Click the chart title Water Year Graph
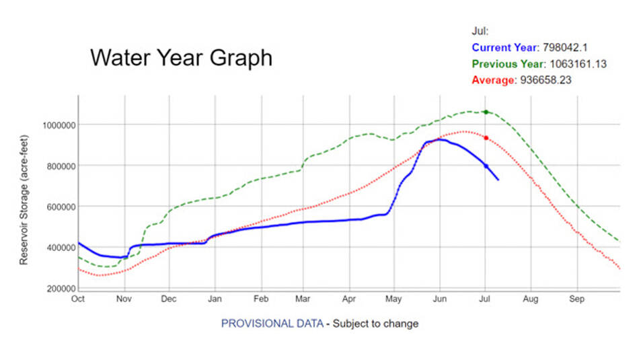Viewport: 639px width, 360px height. point(181,58)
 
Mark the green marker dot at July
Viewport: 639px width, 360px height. point(486,112)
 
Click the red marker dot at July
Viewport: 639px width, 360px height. point(486,138)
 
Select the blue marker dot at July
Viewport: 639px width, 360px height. point(486,166)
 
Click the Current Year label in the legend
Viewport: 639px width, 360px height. point(504,48)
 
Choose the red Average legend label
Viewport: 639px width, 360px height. point(493,80)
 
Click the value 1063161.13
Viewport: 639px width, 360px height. point(576,64)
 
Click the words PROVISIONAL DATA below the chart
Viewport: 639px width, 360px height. point(272,324)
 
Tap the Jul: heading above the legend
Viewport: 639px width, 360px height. point(480,31)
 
